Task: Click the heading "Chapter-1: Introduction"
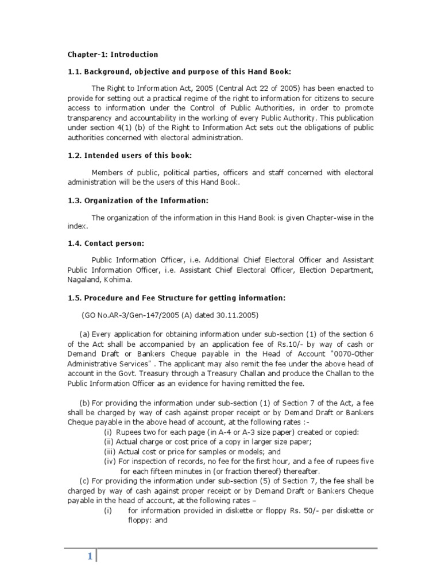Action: [x=113, y=55]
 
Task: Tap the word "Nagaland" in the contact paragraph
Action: [x=85, y=280]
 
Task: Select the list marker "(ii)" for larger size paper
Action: [x=109, y=442]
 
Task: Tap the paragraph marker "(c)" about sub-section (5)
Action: [x=84, y=481]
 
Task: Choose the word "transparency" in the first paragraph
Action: [x=90, y=118]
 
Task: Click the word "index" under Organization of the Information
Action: [x=76, y=226]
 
